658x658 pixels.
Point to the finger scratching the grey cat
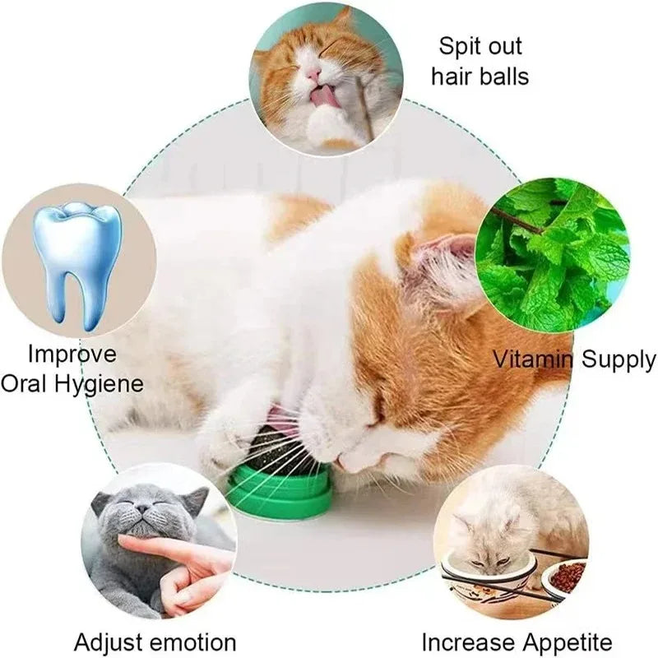[x=164, y=547]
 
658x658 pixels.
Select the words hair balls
[x=480, y=76]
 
